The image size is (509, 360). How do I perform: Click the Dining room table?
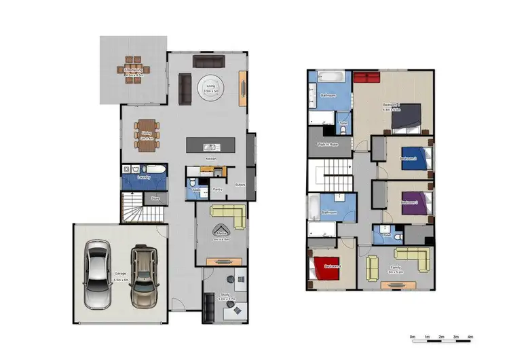point(145,132)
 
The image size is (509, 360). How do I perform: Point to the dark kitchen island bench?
point(211,145)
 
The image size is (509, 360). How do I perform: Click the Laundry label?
point(143,178)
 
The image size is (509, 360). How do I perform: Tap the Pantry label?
point(218,190)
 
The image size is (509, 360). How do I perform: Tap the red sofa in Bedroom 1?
point(368,77)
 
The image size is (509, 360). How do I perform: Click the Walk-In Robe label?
point(328,145)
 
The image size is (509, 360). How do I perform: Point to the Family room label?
point(394,268)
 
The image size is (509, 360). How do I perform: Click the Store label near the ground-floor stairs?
point(155,199)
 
